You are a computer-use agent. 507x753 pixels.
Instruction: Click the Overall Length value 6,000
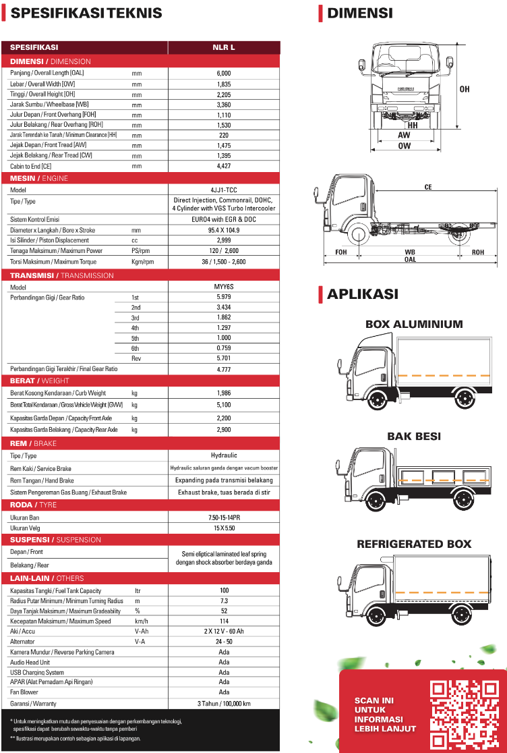click(224, 73)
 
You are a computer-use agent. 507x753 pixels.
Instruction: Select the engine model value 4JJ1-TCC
click(224, 190)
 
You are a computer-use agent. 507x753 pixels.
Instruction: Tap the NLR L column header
click(224, 47)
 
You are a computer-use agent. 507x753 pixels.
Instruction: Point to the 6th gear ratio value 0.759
click(224, 348)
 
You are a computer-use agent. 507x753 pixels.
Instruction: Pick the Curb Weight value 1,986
click(224, 393)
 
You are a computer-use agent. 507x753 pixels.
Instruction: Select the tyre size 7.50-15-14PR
click(224, 517)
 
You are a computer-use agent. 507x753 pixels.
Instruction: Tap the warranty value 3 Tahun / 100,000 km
click(224, 703)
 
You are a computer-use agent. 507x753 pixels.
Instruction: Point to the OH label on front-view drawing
click(465, 89)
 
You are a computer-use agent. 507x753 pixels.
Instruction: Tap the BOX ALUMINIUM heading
click(414, 325)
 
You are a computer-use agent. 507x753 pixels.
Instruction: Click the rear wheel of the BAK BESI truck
click(465, 499)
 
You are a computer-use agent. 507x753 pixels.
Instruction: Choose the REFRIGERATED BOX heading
click(414, 545)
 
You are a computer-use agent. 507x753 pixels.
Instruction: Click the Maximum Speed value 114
click(224, 621)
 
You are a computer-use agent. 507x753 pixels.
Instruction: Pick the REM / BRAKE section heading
click(34, 443)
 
